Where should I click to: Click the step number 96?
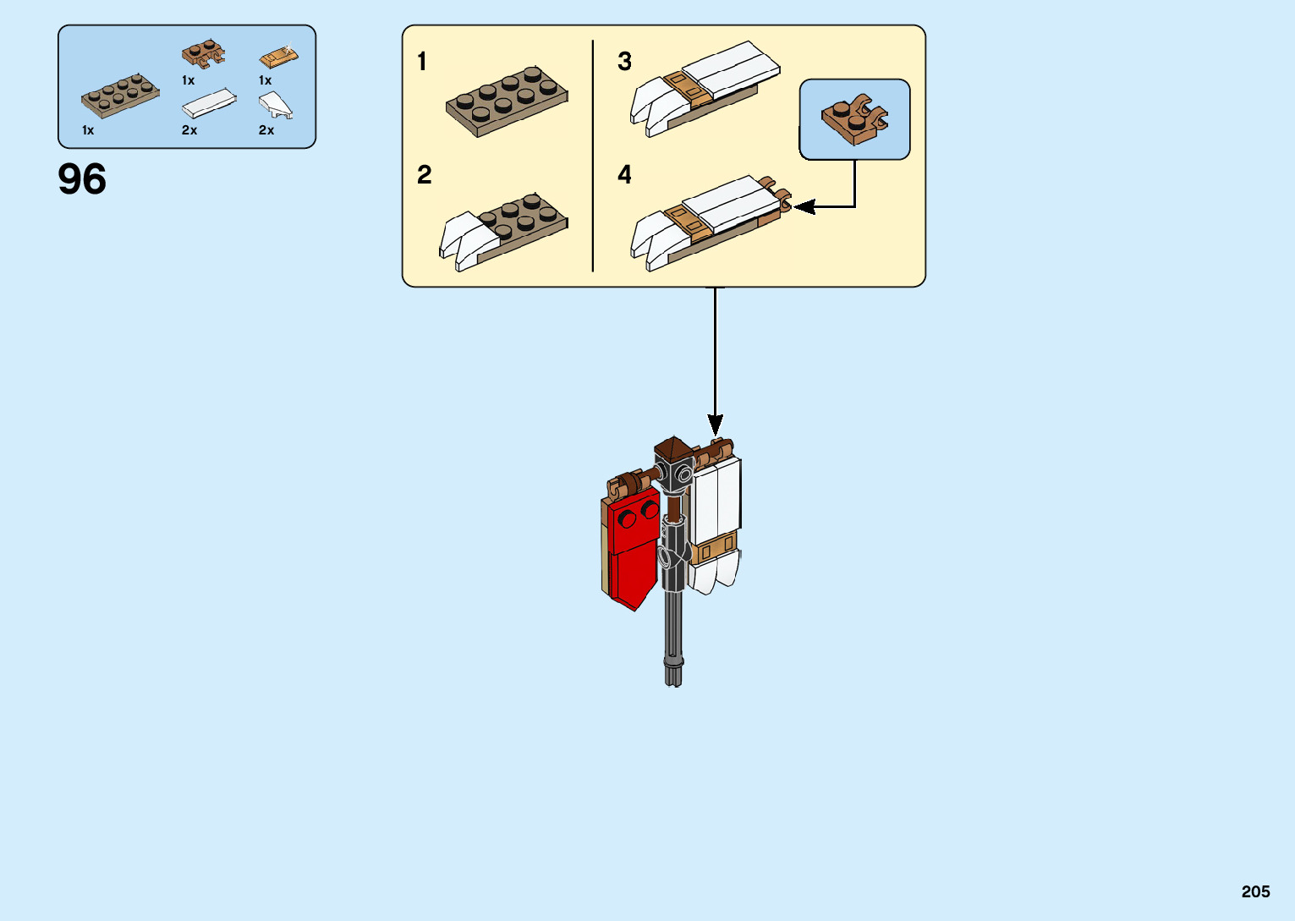point(82,179)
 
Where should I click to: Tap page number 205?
point(1255,891)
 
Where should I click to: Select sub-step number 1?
point(422,62)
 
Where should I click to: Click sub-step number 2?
point(424,175)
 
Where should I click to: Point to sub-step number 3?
point(624,62)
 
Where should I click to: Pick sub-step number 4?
point(624,175)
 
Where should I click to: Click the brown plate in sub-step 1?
point(507,101)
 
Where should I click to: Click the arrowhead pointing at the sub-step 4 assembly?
point(801,206)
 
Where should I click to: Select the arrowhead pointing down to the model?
point(716,425)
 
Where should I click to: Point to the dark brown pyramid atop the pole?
point(673,447)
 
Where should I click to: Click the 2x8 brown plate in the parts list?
point(120,96)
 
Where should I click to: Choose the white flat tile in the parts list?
point(209,103)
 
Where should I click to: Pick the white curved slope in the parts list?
point(275,106)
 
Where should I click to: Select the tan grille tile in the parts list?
point(278,58)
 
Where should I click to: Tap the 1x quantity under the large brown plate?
point(88,130)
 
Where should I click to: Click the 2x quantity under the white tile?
point(189,130)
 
